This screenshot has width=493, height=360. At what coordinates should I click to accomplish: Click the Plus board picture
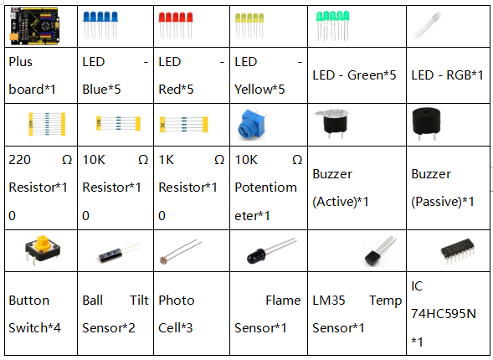pos(34,26)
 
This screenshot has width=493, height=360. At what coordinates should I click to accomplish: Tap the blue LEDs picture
pos(100,25)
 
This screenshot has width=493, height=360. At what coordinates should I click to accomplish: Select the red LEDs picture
pos(176,25)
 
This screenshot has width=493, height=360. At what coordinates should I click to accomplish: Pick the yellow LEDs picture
pos(249,26)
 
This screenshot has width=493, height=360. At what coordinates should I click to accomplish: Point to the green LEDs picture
pos(332,26)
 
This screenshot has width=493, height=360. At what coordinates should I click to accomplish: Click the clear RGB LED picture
pos(428,25)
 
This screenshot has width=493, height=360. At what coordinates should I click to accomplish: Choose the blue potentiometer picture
pos(252,125)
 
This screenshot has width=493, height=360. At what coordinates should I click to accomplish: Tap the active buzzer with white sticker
pos(332,123)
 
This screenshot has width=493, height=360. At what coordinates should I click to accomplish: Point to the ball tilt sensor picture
pos(120,253)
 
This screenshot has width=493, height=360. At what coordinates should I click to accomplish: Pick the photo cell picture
pos(181,252)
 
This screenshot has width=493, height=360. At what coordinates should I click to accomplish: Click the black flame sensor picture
pos(271,251)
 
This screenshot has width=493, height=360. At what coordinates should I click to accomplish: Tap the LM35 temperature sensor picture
pos(379,251)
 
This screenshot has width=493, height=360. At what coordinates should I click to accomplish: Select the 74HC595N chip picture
pos(458,251)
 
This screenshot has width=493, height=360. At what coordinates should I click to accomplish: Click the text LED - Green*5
pos(354,75)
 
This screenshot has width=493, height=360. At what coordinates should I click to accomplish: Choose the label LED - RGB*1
pos(448,75)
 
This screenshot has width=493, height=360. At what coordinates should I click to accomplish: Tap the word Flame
pos(283,301)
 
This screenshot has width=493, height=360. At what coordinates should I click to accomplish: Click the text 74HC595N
pos(444,314)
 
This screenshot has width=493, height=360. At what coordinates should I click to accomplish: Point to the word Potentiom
pos(265,188)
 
